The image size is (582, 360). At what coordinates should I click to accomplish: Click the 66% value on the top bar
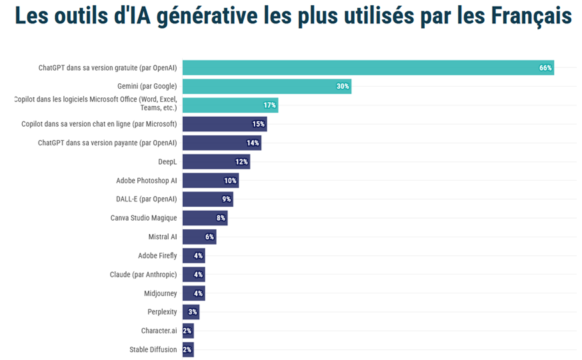545,68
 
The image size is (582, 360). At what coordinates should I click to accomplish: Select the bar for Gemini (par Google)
267,87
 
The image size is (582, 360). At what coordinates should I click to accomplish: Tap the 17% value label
269,105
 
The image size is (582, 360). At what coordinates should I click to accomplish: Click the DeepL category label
167,161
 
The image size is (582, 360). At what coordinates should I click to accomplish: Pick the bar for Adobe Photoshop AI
210,181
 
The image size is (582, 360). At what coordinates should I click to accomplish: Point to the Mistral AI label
163,237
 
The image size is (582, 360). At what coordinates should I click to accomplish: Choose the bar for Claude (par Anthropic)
193,275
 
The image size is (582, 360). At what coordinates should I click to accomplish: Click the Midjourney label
161,293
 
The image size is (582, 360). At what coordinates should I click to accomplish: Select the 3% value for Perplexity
192,312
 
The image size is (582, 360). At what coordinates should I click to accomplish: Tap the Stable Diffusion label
153,349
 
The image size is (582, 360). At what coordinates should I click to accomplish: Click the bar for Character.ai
188,331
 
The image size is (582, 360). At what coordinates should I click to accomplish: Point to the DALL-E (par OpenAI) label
147,199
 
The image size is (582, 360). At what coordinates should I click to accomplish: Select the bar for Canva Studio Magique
205,218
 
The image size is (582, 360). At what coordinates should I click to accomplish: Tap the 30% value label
343,87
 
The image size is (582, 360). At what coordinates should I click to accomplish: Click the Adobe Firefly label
157,255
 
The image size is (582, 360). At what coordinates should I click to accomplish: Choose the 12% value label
241,162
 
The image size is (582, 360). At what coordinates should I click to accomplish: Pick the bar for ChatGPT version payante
221,143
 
